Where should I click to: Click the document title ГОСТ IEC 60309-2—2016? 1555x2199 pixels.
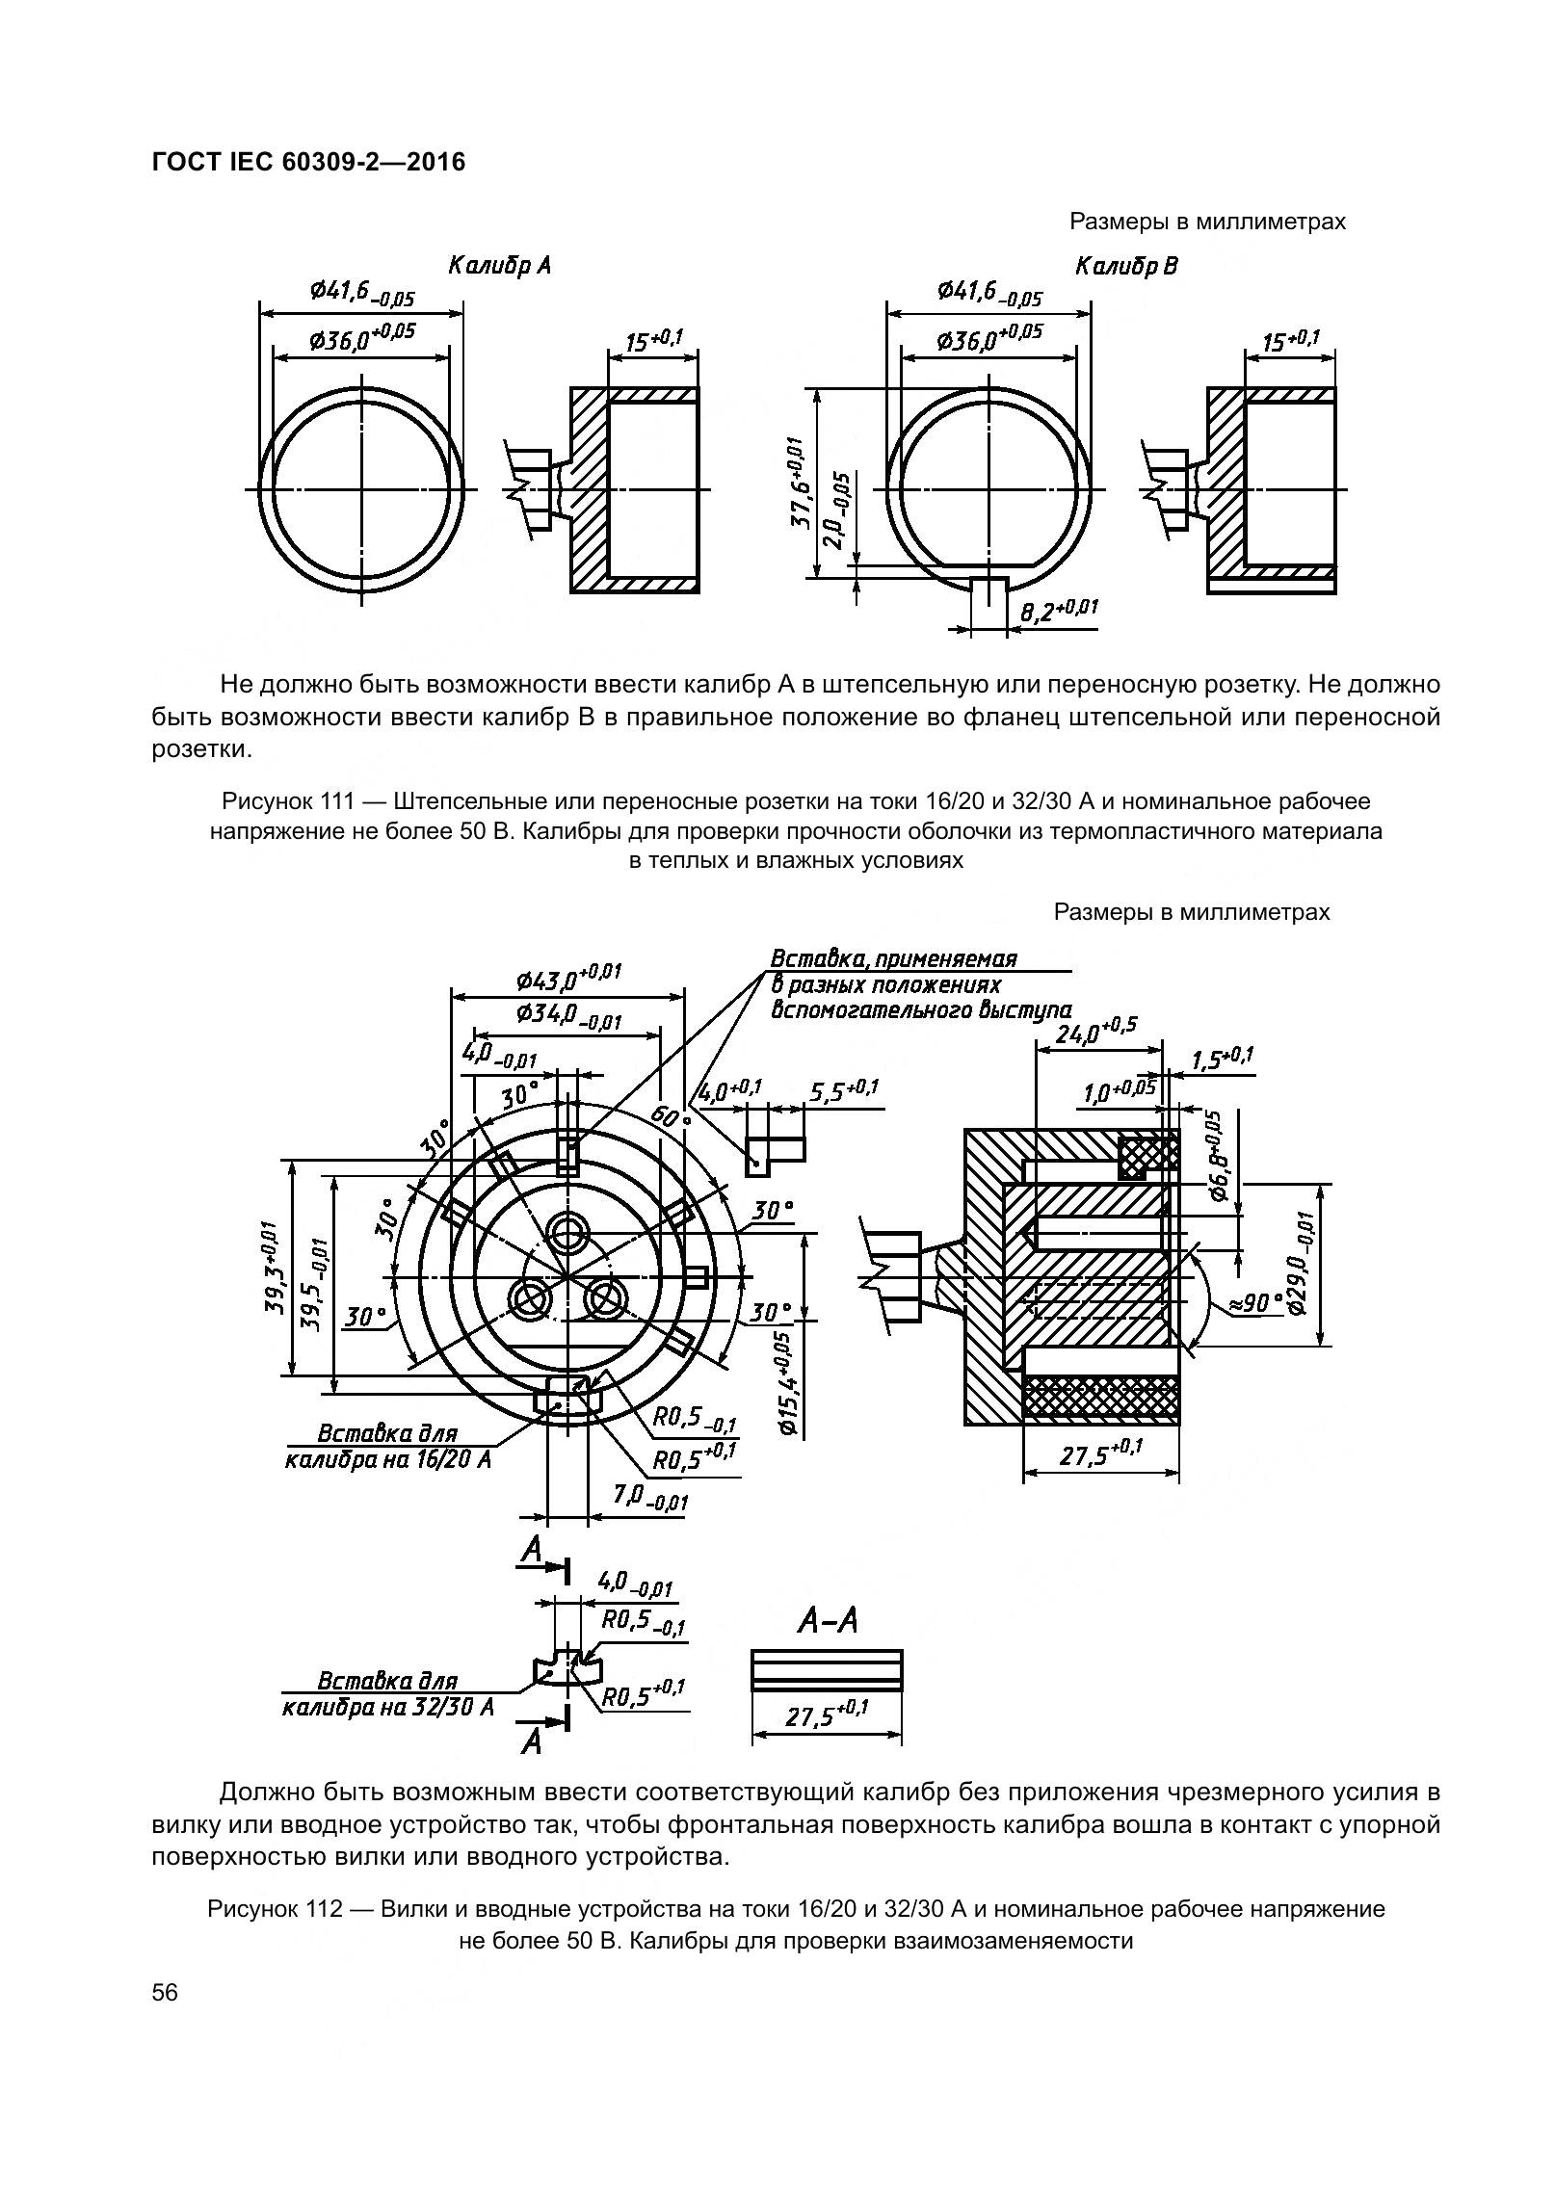pyautogui.click(x=308, y=162)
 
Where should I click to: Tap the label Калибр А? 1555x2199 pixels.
pyautogui.click(x=499, y=265)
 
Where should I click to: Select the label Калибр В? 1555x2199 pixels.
pyautogui.click(x=1126, y=265)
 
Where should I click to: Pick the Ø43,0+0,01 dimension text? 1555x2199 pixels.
pyautogui.click(x=567, y=979)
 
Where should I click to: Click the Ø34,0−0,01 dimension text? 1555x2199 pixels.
pyautogui.click(x=567, y=1014)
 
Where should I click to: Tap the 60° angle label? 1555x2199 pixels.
pyautogui.click(x=671, y=1114)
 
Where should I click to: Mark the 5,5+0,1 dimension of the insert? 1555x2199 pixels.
pyautogui.click(x=844, y=1091)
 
